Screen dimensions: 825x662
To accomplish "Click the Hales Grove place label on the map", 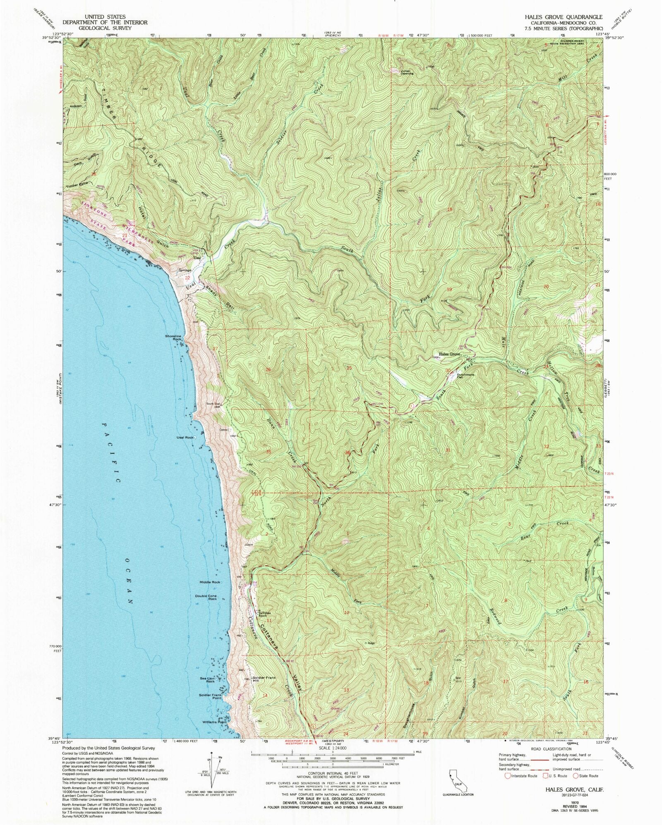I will [x=449, y=354].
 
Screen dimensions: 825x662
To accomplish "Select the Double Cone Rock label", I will [x=206, y=598].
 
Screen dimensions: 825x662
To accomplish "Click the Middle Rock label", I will [x=210, y=582].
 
